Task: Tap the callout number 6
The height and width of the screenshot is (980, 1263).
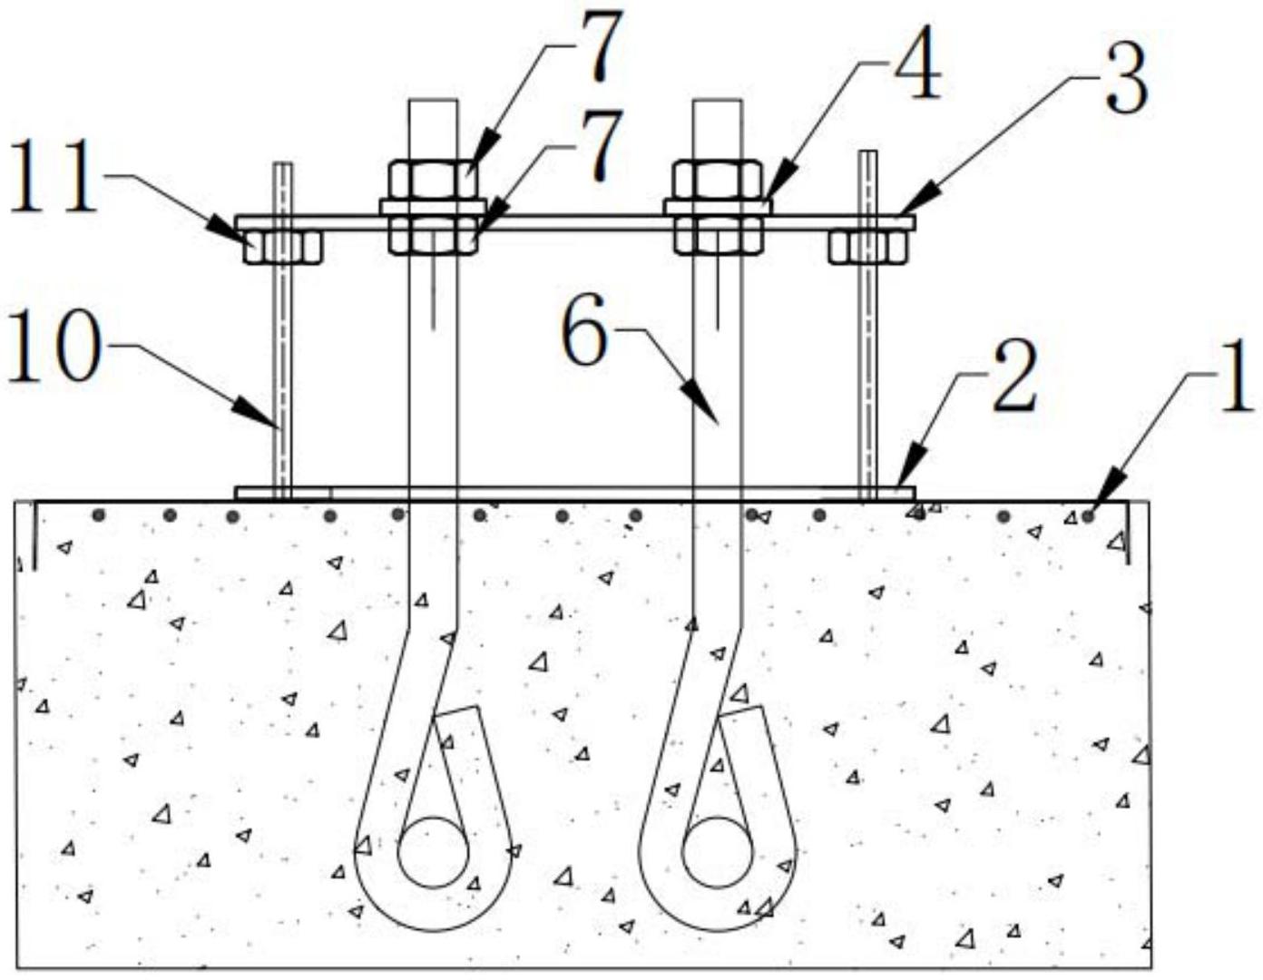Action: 584,333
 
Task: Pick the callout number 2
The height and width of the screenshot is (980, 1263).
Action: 1014,378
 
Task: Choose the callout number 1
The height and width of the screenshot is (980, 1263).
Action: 1234,381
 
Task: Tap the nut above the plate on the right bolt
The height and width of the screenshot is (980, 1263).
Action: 717,179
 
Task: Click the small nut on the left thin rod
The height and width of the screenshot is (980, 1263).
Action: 283,247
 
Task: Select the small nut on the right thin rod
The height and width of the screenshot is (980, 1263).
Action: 868,247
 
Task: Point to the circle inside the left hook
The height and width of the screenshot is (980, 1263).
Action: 434,852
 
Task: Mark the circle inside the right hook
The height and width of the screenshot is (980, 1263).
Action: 718,852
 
